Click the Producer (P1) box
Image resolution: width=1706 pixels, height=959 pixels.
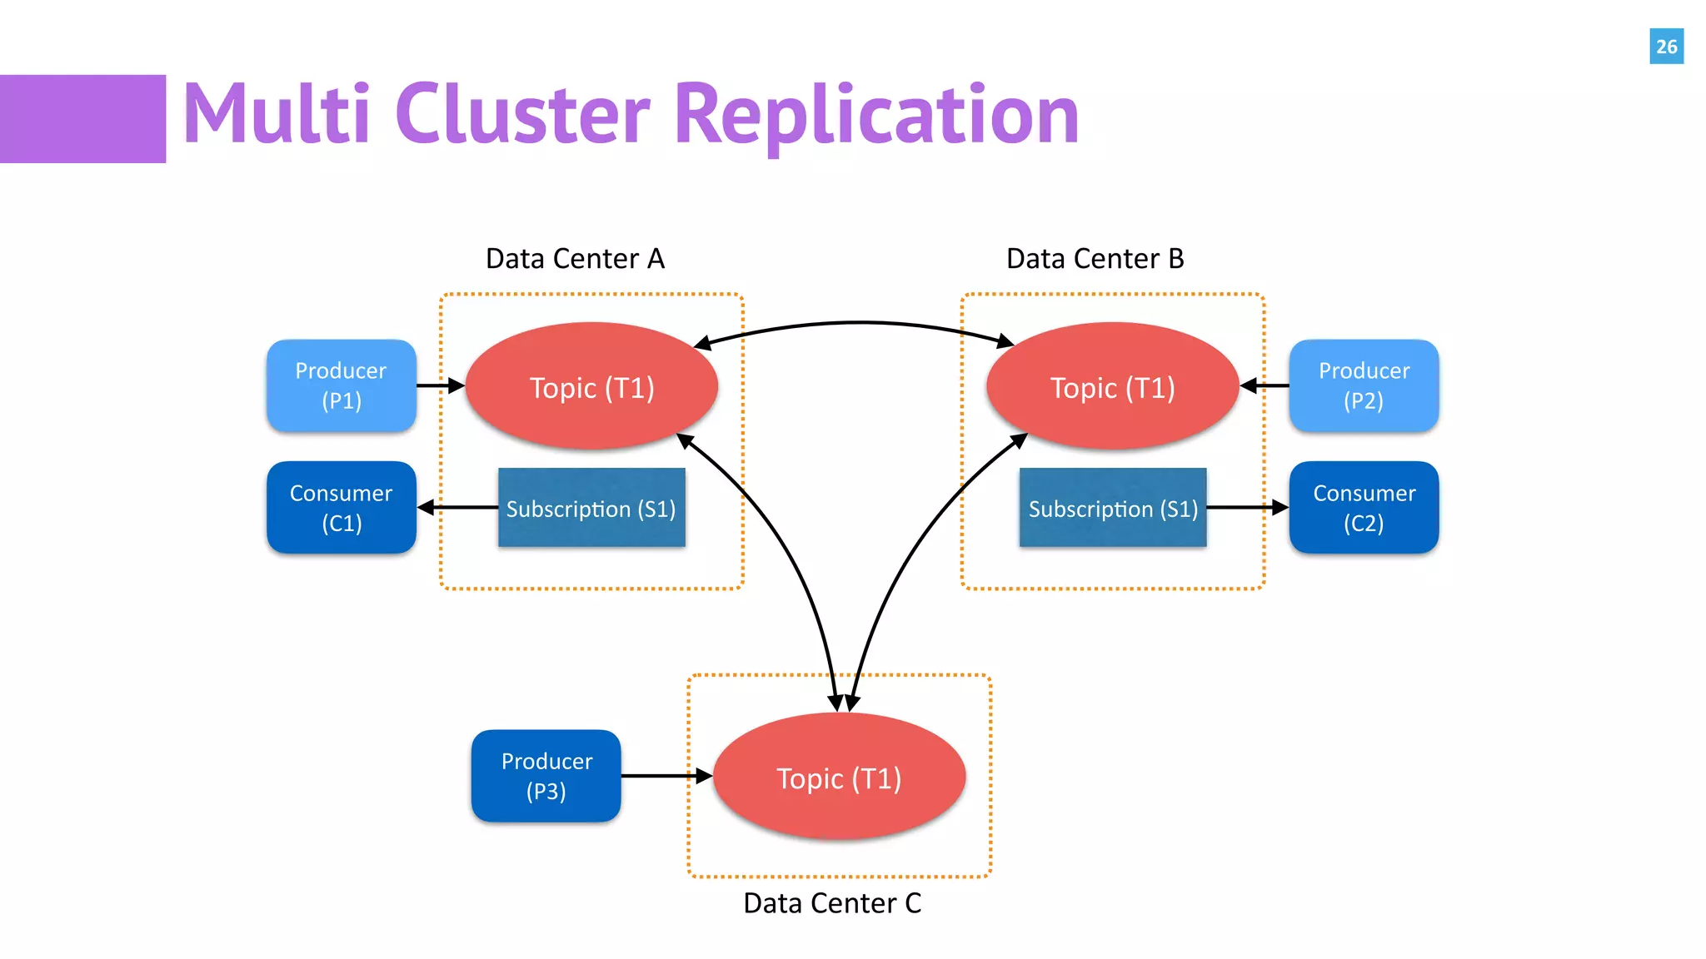pyautogui.click(x=342, y=385)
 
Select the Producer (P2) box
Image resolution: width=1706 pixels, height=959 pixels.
pyautogui.click(x=1364, y=385)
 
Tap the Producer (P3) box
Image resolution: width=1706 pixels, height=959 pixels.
pyautogui.click(x=546, y=776)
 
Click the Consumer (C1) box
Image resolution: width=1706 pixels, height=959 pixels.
pyautogui.click(x=342, y=508)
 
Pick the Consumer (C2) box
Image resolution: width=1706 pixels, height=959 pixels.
pyautogui.click(x=1364, y=508)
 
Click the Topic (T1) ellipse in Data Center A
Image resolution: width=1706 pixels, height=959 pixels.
pyautogui.click(x=591, y=387)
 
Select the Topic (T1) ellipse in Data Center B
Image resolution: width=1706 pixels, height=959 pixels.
pyautogui.click(x=1113, y=387)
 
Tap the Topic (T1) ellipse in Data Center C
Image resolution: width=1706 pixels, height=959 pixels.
pyautogui.click(x=839, y=777)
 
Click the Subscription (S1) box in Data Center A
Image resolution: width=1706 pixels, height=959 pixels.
pyautogui.click(x=591, y=508)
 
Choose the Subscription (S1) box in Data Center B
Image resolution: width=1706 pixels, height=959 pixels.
pyautogui.click(x=1113, y=508)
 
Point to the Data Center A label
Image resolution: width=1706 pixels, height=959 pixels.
pyautogui.click(x=575, y=259)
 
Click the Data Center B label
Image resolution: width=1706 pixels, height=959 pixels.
pyautogui.click(x=1095, y=259)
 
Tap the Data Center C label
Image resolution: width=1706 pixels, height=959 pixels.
pyautogui.click(x=832, y=903)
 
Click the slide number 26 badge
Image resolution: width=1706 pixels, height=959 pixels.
pyautogui.click(x=1666, y=47)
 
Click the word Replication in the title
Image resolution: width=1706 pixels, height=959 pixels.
pyautogui.click(x=876, y=115)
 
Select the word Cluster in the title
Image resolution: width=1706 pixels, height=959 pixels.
pyautogui.click(x=522, y=115)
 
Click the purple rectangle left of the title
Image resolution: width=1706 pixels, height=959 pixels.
pyautogui.click(x=82, y=119)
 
